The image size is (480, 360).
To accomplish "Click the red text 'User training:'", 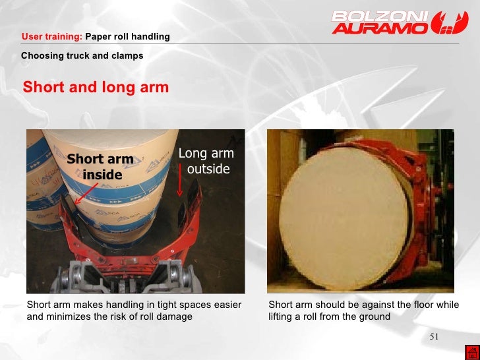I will point(52,36).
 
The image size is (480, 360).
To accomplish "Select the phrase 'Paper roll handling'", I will point(127,36).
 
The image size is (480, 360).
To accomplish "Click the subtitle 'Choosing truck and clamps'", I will point(82,55).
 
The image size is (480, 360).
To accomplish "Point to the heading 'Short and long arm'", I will point(96,87).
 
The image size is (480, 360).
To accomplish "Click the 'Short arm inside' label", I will point(100,167).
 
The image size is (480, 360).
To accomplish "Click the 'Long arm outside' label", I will point(206,162).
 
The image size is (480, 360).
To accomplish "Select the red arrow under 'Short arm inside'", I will point(86,193).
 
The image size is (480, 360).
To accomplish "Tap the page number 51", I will point(434,338).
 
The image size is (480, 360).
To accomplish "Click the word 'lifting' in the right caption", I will point(282,316).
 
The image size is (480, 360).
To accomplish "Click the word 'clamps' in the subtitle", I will point(128,55).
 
